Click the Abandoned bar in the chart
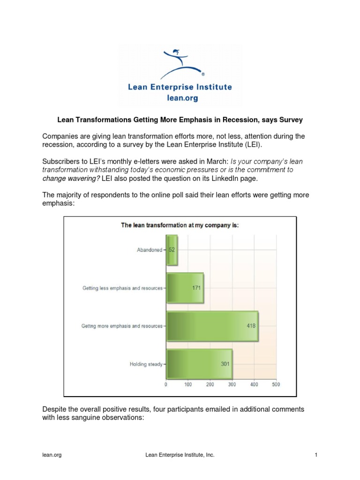(x=172, y=250)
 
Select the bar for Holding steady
(x=199, y=363)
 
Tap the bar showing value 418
(x=212, y=325)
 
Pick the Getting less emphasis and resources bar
(x=185, y=288)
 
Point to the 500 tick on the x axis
(x=276, y=384)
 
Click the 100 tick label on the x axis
(x=188, y=384)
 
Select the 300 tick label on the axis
(x=232, y=384)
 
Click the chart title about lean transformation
(x=180, y=225)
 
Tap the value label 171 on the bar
(x=196, y=288)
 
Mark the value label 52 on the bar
(x=172, y=250)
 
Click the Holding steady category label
(x=146, y=364)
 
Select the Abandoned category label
(x=149, y=250)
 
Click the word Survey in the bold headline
(x=292, y=120)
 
